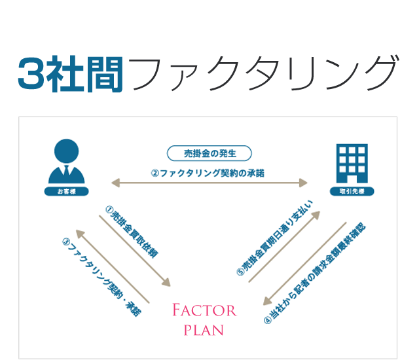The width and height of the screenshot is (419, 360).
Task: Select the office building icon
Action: tap(352, 162)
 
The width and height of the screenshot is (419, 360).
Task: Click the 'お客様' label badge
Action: tap(64, 192)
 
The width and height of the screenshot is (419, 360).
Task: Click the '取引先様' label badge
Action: tap(352, 192)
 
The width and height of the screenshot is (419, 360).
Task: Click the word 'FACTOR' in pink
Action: tap(204, 310)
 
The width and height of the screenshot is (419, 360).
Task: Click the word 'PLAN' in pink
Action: tap(204, 329)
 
